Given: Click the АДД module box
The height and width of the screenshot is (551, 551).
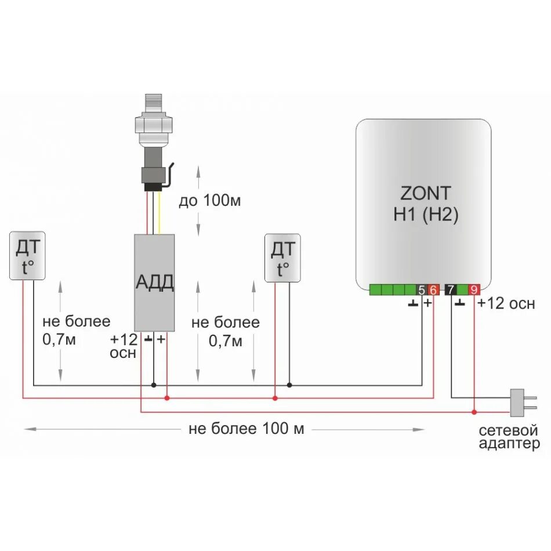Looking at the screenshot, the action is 154,282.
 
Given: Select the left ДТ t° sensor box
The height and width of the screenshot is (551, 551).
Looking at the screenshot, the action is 28,256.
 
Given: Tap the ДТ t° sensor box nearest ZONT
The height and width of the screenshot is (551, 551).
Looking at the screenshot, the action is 282,258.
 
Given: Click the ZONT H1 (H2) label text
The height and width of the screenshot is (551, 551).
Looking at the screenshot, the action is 425,203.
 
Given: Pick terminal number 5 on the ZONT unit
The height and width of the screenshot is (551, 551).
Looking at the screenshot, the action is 421,289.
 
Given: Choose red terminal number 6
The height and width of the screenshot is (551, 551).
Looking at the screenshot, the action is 433,289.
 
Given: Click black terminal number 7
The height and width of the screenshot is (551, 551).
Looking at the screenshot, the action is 450,289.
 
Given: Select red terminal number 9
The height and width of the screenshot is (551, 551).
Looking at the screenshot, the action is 474,289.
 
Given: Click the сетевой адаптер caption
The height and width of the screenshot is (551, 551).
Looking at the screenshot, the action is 509,437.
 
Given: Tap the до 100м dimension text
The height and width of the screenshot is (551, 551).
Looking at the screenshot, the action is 209,201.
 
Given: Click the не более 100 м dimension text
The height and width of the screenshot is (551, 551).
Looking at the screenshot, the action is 246,429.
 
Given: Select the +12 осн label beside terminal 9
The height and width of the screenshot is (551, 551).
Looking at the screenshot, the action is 506,304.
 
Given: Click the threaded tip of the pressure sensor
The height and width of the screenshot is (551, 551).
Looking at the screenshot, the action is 153,103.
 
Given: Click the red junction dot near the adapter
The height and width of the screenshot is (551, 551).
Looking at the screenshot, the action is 474,412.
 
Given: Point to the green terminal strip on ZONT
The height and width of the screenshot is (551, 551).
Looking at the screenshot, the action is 391,289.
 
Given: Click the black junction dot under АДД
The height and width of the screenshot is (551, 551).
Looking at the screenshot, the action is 154,385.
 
